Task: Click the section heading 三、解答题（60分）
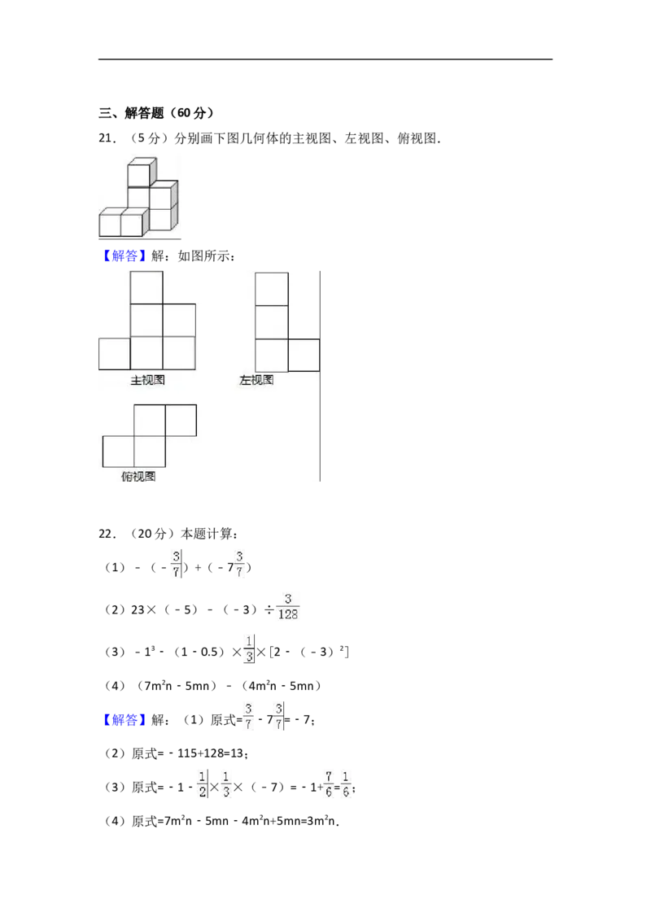(156, 112)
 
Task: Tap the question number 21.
(107, 138)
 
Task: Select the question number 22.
(107, 534)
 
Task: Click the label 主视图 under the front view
(147, 380)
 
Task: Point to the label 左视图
(256, 380)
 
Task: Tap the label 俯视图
(138, 476)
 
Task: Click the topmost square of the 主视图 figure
(146, 287)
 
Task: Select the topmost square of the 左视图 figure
(272, 289)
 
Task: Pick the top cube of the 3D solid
(142, 172)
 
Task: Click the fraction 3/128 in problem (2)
(288, 607)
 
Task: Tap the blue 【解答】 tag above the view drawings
(121, 256)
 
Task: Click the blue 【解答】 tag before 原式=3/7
(121, 720)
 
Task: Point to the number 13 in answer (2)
(236, 753)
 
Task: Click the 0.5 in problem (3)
(208, 652)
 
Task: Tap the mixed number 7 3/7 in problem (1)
(235, 564)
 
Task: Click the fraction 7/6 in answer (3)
(329, 784)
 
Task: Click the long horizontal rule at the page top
(325, 59)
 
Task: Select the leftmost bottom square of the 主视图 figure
(115, 354)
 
